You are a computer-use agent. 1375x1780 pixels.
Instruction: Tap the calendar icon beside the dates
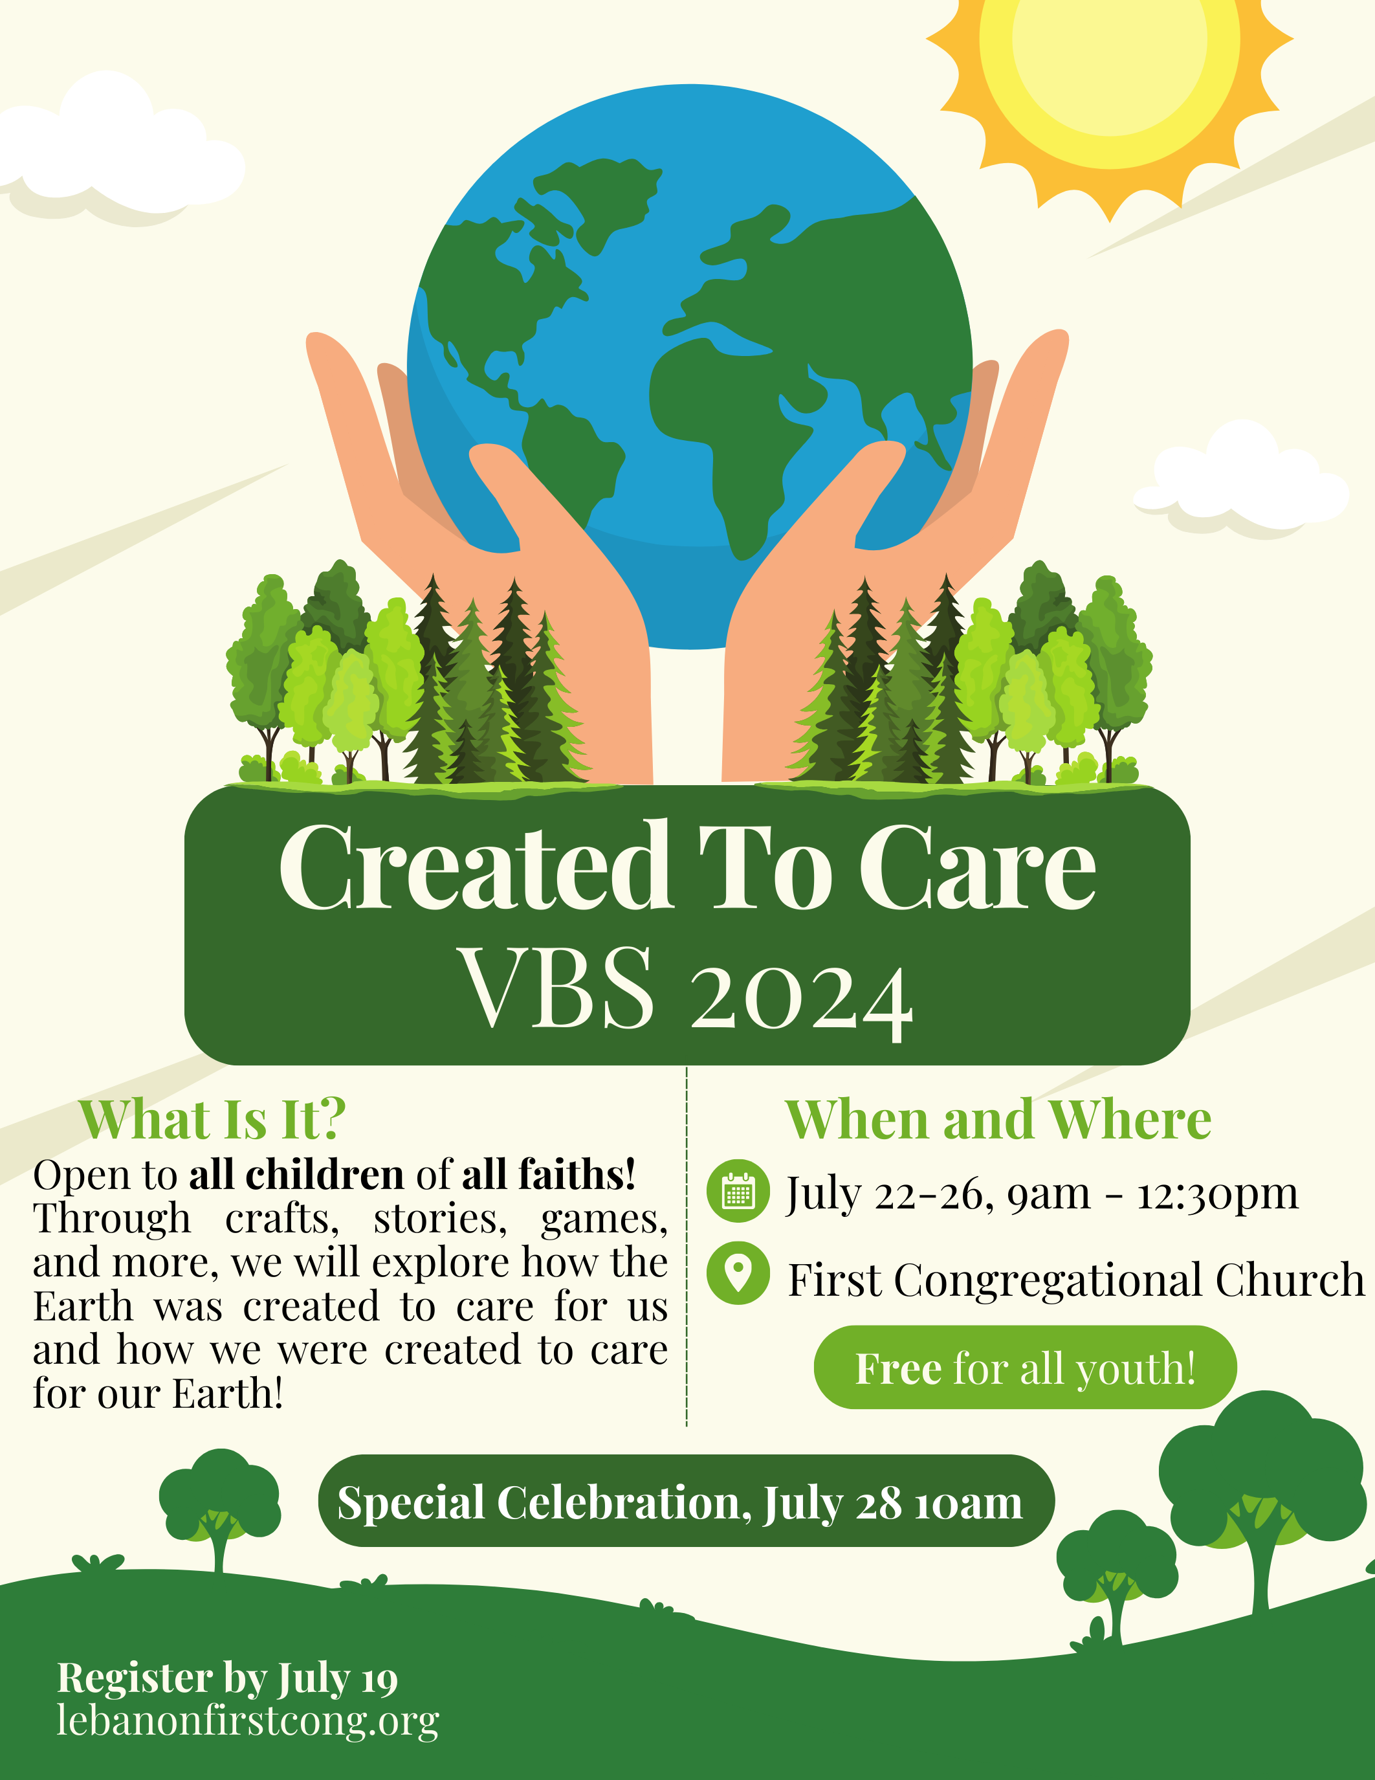click(738, 1191)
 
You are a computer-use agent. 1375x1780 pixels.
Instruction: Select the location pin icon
click(738, 1273)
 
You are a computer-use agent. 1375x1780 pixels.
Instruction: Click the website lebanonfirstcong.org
click(248, 1720)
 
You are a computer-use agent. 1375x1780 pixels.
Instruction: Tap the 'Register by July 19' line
click(227, 1679)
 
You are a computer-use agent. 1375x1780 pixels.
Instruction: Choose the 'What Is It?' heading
click(213, 1120)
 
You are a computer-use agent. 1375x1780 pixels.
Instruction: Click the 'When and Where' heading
click(998, 1120)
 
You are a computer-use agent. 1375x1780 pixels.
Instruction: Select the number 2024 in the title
click(802, 1000)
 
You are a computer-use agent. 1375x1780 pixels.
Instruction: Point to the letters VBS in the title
click(557, 987)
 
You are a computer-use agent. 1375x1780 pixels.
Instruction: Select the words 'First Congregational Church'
click(1075, 1280)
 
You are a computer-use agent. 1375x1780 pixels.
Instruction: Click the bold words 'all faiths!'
click(548, 1174)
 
